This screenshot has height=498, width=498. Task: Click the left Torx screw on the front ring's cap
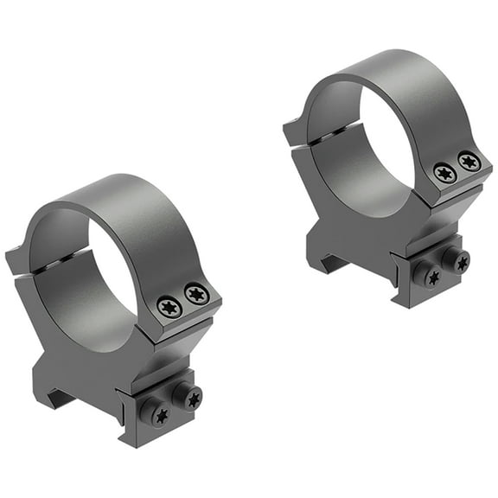pos(169,306)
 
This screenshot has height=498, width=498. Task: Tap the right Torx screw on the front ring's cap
pos(197,295)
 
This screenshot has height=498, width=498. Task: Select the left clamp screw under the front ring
pos(160,414)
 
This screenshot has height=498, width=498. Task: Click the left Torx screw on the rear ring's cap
pos(445,174)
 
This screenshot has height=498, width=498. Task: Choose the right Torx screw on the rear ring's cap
pos(469,161)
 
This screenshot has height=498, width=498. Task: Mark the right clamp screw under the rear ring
pos(458,261)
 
